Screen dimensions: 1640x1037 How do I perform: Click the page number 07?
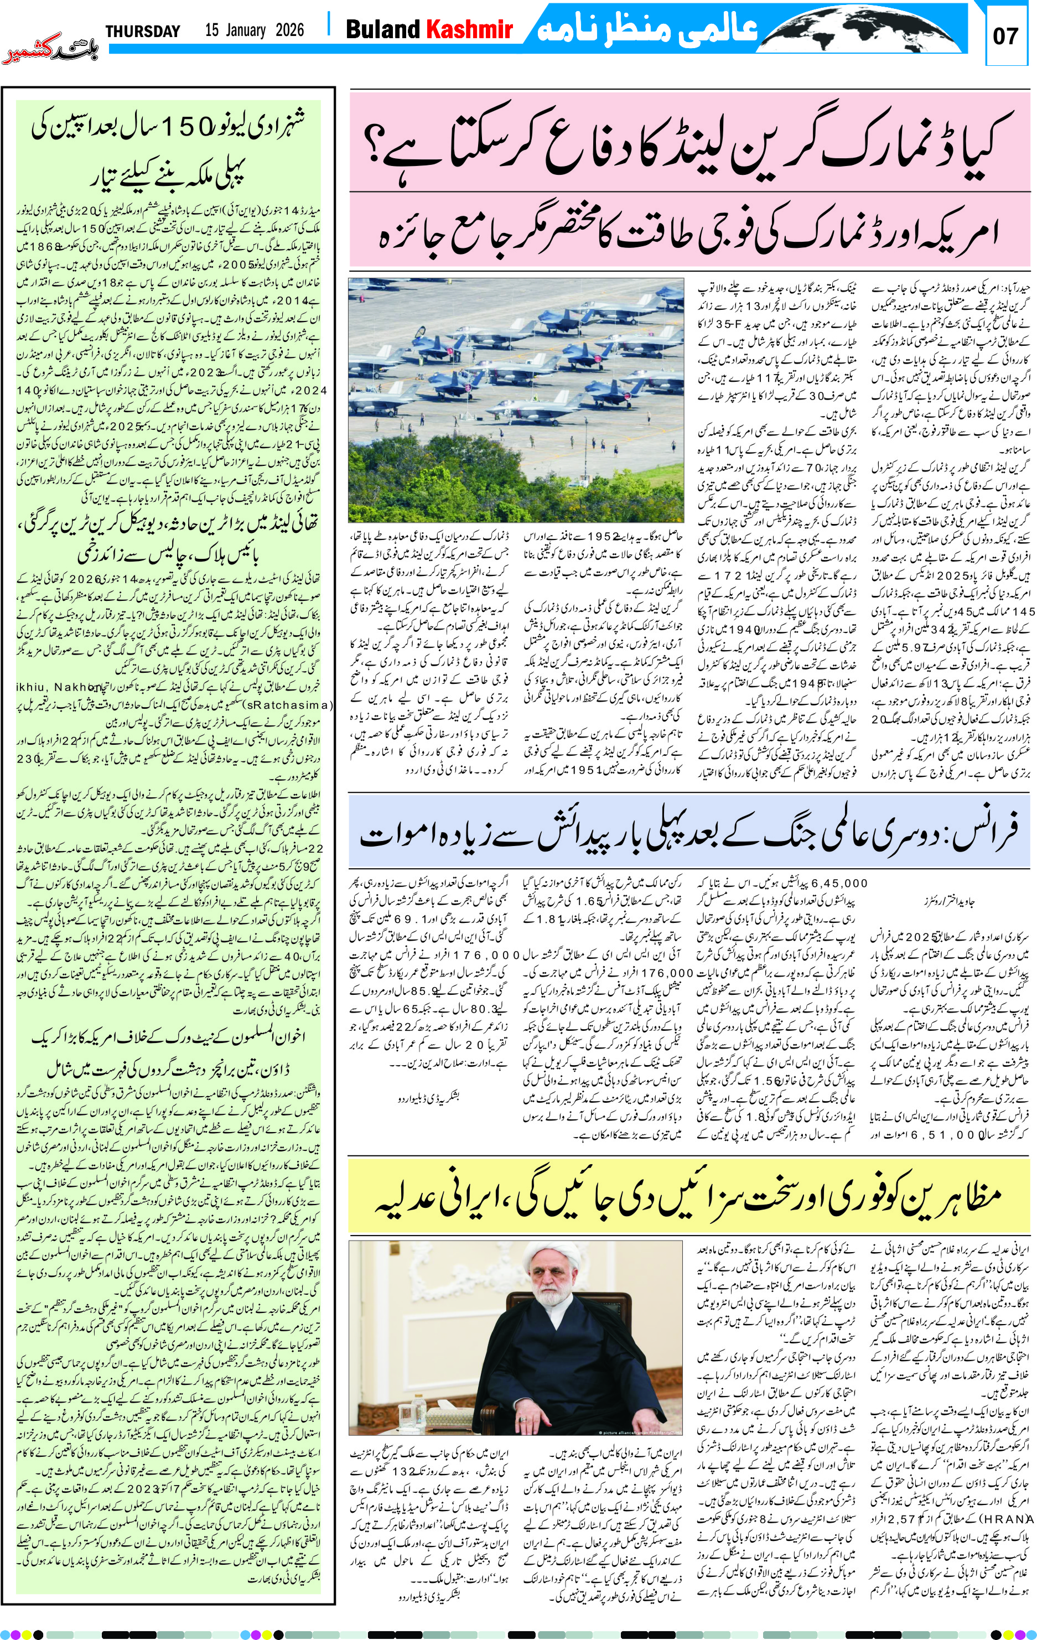click(1005, 36)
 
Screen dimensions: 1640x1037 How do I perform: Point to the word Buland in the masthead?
click(383, 29)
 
